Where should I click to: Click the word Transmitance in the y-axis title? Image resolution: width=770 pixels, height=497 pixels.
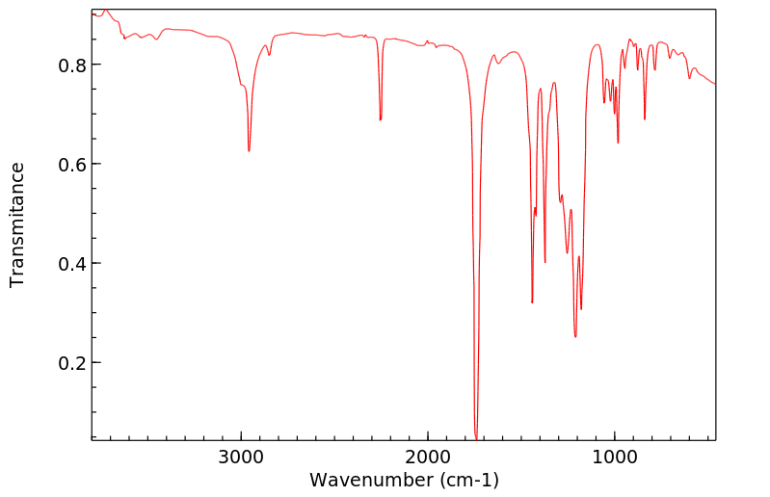coord(17,224)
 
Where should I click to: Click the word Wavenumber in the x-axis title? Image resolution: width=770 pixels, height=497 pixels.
coord(371,480)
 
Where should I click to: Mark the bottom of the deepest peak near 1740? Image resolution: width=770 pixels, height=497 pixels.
coord(476,438)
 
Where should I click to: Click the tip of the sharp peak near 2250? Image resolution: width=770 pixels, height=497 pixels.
coord(381,120)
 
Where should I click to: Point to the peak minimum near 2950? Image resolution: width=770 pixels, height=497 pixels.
coord(249,151)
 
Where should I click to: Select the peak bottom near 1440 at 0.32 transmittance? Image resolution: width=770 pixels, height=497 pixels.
coord(532,303)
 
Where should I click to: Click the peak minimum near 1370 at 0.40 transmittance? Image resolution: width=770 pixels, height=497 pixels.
coord(545,262)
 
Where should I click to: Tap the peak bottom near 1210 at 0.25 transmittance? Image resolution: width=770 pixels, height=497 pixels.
coord(575,337)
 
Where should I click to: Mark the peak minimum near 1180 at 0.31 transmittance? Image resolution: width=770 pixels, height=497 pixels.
coord(581,309)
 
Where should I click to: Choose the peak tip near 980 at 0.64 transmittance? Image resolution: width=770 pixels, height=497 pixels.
coord(618,144)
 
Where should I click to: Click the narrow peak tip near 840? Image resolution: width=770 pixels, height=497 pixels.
coord(645,119)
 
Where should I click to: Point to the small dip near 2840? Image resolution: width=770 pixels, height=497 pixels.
coord(270,55)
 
